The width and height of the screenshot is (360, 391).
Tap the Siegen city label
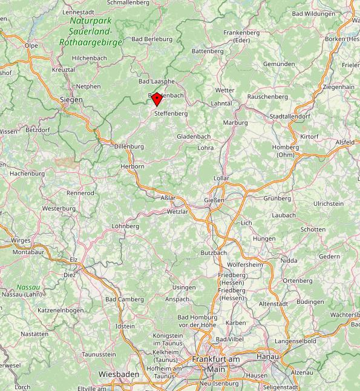71,99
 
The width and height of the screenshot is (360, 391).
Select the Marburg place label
235,122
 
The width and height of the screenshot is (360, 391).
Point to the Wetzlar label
178,212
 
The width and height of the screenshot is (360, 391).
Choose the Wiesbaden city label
119,374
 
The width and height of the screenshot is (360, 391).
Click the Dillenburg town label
129,146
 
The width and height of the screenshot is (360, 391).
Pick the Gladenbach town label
194,136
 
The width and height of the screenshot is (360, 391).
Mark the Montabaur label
29,251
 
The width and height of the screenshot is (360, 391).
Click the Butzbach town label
214,252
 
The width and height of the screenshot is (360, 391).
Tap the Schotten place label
313,229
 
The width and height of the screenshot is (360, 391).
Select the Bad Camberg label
125,299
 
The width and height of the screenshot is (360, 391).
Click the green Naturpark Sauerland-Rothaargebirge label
91,31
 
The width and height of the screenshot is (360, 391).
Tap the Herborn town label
133,166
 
